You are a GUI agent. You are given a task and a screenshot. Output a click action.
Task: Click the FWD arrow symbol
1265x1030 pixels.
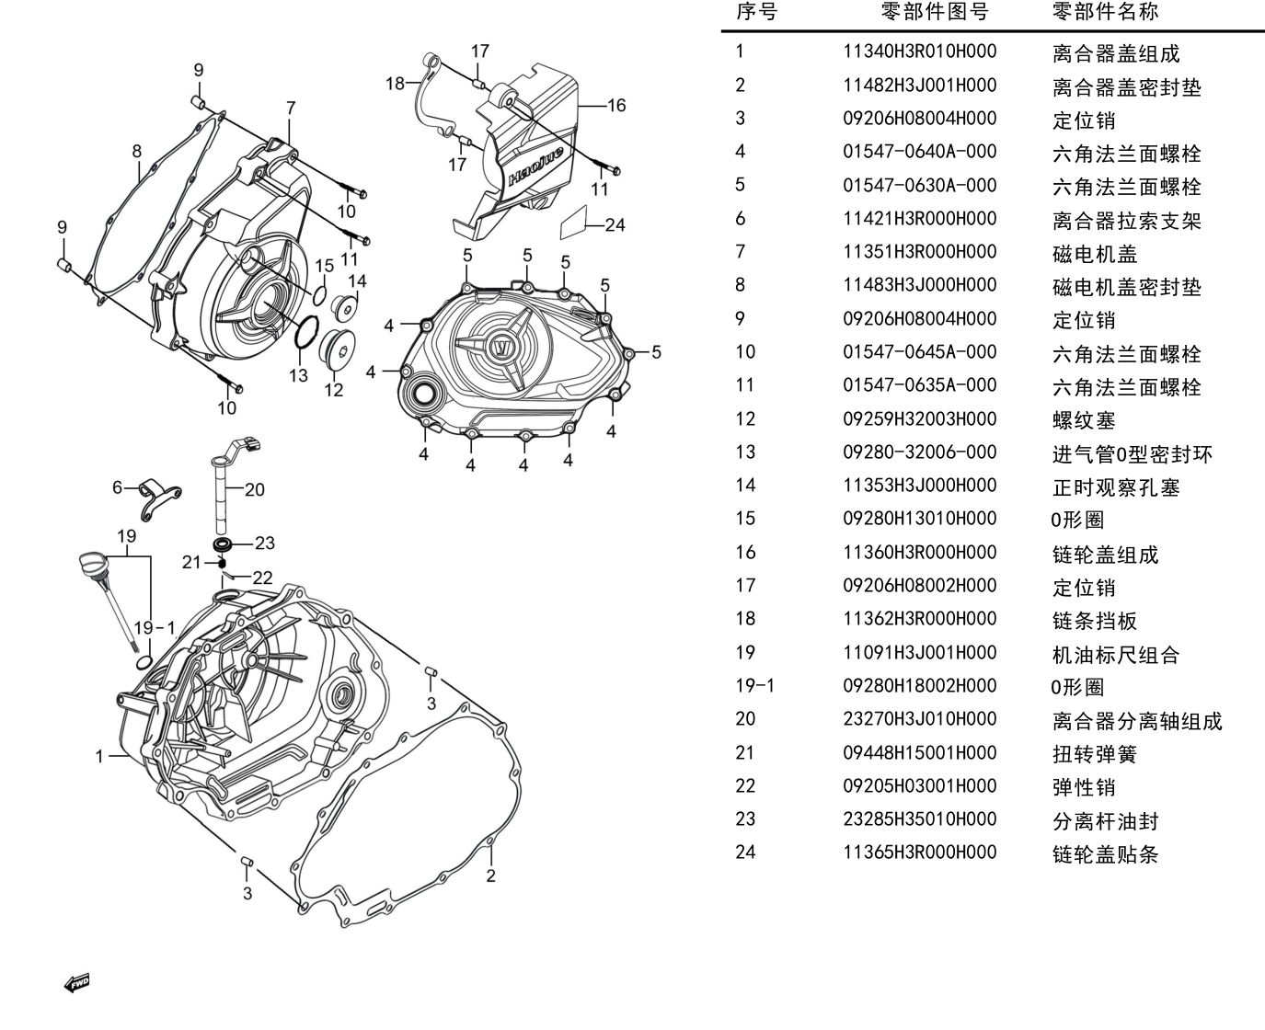77,983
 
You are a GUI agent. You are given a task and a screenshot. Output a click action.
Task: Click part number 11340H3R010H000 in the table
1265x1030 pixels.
919,51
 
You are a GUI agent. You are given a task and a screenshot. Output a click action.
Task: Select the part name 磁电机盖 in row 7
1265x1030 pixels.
1095,254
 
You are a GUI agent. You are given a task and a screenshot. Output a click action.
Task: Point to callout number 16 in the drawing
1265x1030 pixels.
616,106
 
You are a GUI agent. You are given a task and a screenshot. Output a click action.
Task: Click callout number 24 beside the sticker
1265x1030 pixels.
615,225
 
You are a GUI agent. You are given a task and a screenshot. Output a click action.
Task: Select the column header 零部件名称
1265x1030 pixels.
1105,11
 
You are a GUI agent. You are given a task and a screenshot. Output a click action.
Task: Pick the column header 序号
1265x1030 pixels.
756,11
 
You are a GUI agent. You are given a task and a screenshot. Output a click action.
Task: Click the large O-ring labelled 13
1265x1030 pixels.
306,332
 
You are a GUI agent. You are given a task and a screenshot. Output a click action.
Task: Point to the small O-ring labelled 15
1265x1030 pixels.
319,295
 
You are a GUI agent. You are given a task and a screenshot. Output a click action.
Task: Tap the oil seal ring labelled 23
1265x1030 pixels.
222,544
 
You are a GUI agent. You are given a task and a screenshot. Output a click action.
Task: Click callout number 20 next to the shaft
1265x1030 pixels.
254,490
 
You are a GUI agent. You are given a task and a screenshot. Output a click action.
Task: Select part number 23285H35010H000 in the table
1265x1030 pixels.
919,819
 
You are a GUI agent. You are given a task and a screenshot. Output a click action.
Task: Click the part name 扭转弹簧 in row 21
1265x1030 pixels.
1095,754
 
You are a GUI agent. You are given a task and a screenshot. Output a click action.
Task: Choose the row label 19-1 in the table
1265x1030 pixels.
754,686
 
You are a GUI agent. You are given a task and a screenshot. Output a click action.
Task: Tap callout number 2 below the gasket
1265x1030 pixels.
490,875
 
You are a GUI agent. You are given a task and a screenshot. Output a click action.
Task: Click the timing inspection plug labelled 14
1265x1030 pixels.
345,307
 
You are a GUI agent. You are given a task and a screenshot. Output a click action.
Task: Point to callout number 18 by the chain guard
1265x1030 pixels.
395,84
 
